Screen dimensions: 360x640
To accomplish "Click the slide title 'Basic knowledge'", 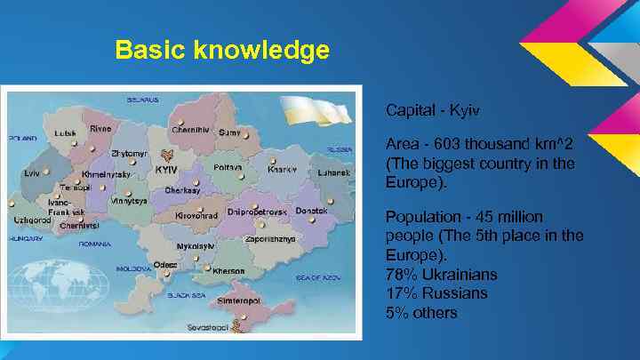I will (222, 50).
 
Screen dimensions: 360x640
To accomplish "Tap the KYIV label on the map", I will (166, 169).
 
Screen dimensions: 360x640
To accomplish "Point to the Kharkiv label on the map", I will (282, 168).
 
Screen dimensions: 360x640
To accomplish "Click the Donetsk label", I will (311, 211).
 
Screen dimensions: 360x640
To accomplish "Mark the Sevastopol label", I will (207, 327).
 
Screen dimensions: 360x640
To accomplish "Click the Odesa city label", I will (164, 264).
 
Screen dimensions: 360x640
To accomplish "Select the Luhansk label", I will (334, 172).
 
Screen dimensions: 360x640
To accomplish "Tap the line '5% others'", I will (421, 312).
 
